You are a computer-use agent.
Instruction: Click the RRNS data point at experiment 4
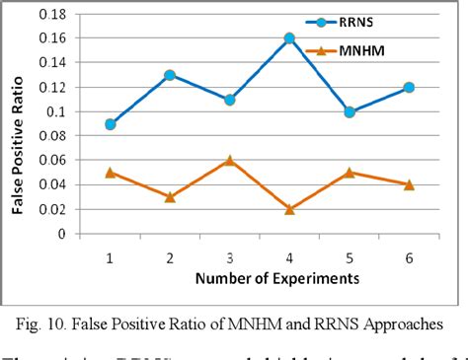[x=289, y=38]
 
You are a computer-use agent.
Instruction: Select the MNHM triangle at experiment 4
[x=289, y=209]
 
